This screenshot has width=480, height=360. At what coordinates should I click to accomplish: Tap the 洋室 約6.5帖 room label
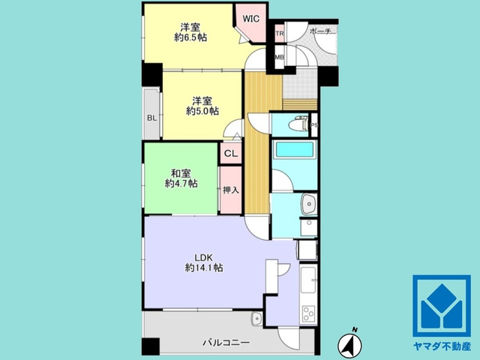(x=190, y=31)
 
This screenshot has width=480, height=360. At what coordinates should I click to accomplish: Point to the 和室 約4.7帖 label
(x=181, y=177)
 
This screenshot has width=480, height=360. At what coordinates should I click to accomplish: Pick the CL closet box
(x=230, y=154)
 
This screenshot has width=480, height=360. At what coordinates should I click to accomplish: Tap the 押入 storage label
(x=230, y=189)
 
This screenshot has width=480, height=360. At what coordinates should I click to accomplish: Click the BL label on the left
(x=152, y=117)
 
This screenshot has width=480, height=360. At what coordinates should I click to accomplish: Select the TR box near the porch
(x=279, y=34)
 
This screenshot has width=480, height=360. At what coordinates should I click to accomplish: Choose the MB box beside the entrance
(x=279, y=57)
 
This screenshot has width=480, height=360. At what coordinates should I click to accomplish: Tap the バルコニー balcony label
(x=226, y=342)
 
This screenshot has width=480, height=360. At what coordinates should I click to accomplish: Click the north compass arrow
(x=349, y=343)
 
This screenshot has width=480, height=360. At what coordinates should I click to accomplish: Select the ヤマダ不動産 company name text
(x=445, y=347)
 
